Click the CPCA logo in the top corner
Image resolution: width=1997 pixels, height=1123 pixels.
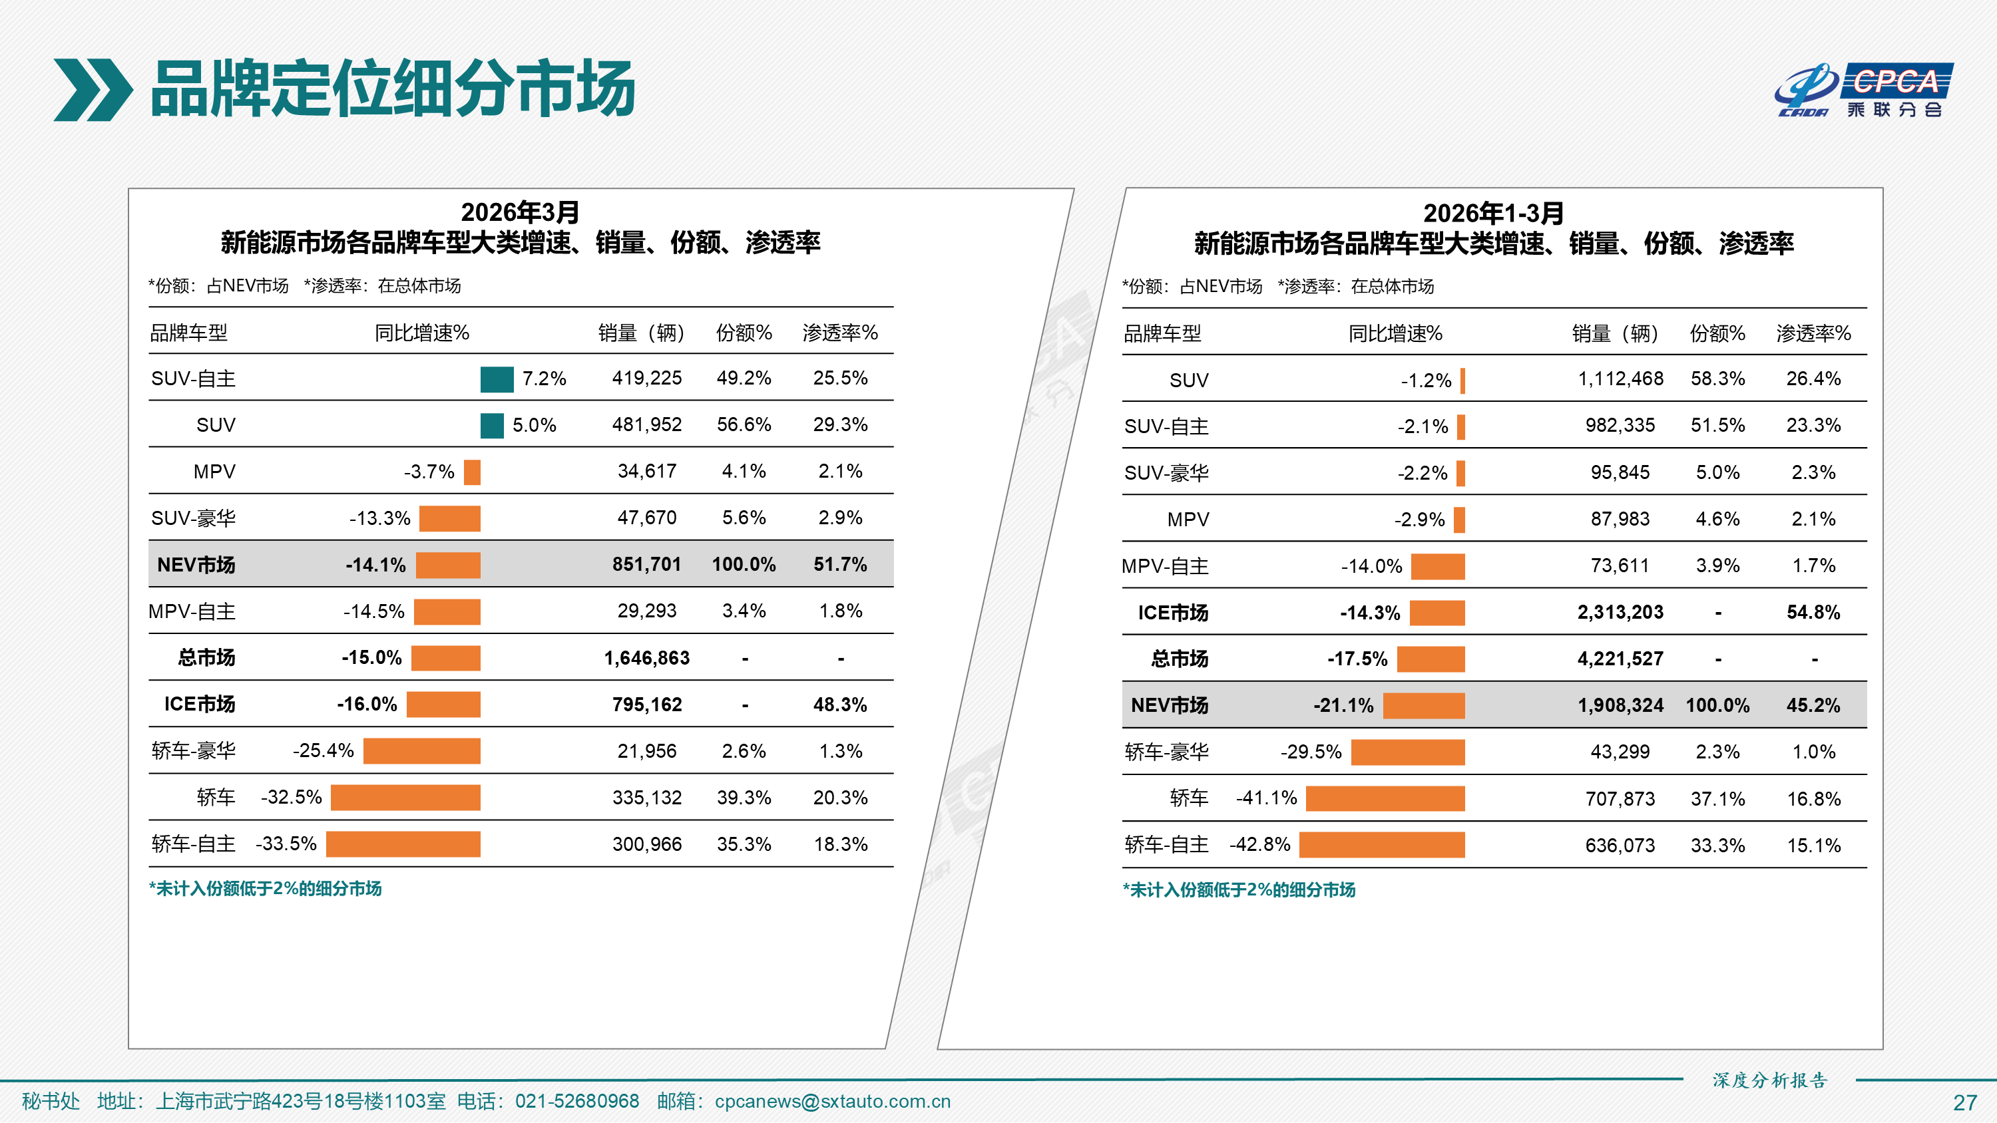coord(1864,90)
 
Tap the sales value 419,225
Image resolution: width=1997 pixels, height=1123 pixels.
coord(646,378)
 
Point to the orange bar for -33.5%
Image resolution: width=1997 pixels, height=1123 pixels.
coord(403,844)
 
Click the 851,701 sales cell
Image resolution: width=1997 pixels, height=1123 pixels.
coord(646,564)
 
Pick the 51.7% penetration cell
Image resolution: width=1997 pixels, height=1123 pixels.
coord(839,564)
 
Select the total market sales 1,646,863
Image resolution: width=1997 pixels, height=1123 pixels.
coord(646,658)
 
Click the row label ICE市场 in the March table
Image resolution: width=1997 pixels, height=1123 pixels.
coord(199,705)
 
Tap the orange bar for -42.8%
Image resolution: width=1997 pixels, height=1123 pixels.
coord(1381,845)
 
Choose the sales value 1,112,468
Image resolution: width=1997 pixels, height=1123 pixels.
coord(1620,379)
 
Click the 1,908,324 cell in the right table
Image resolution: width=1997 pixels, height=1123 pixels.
coord(1620,705)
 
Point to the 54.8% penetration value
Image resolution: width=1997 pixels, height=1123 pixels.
coord(1813,612)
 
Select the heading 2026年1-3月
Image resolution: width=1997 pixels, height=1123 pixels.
coord(1493,213)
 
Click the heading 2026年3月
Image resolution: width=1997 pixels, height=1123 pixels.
coord(520,212)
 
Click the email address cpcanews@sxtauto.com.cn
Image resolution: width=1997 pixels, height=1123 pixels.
coord(832,1101)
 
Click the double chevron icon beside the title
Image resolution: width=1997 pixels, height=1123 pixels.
coord(93,90)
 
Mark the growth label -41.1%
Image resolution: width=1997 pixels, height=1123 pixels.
coord(1266,798)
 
